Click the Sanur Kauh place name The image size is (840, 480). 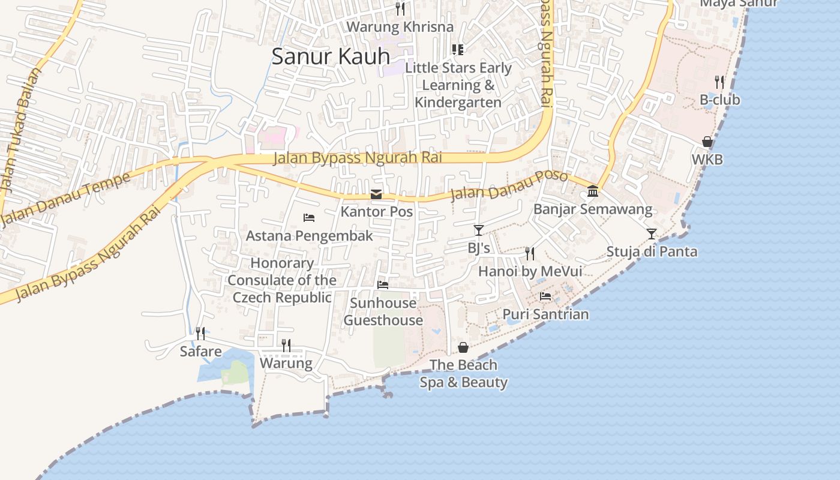[331, 56]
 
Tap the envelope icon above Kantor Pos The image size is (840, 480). [376, 194]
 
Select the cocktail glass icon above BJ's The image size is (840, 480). [478, 230]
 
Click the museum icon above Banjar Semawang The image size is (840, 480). [593, 191]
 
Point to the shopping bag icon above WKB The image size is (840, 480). [707, 142]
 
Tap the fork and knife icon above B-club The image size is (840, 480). [719, 82]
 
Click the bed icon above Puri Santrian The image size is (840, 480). [545, 296]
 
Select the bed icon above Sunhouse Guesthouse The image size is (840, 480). [383, 284]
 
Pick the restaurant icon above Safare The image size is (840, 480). [200, 333]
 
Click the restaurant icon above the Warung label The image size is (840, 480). [286, 345]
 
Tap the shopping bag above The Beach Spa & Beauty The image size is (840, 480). [463, 347]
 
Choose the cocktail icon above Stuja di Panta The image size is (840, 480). [652, 233]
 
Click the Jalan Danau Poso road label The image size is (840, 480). [509, 185]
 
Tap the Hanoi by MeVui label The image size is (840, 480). [530, 271]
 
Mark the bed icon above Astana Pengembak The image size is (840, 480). [309, 217]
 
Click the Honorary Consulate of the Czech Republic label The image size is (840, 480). [282, 280]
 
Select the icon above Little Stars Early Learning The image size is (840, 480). [458, 49]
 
